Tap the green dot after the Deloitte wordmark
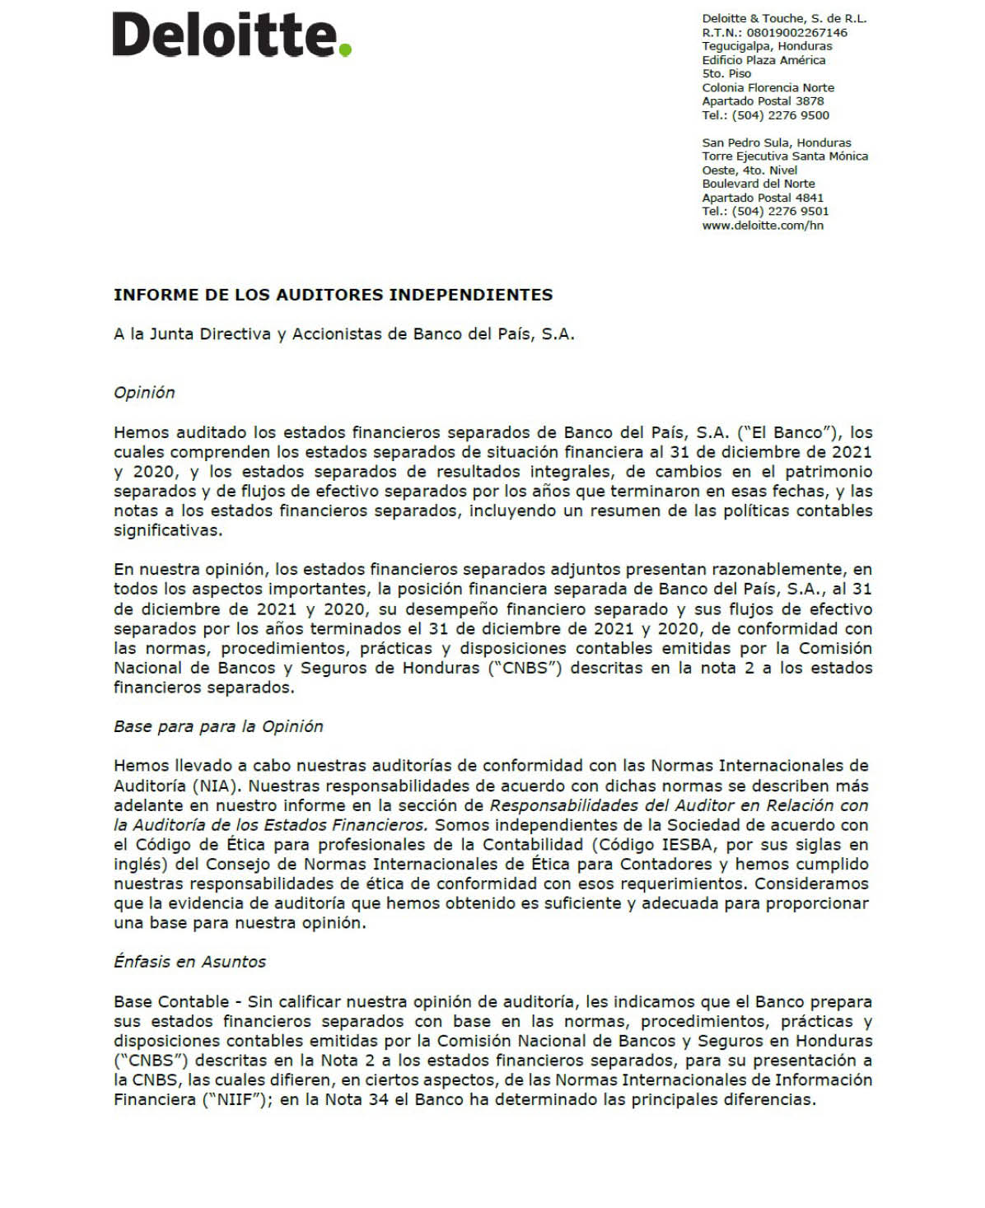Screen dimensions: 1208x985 click(346, 50)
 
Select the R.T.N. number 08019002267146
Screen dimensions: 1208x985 click(796, 33)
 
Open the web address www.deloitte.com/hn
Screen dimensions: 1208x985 click(763, 226)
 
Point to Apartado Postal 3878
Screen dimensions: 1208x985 click(763, 101)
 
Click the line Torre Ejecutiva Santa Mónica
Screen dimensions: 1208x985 click(785, 156)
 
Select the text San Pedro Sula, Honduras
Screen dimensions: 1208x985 click(776, 142)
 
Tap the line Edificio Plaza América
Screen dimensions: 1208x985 click(763, 60)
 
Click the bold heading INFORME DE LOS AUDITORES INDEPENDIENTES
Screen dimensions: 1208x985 click(333, 295)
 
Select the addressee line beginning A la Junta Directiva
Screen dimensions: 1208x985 click(343, 334)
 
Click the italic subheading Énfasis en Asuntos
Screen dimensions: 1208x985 click(189, 962)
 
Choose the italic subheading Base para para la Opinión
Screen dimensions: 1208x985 click(218, 726)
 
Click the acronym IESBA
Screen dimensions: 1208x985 click(689, 845)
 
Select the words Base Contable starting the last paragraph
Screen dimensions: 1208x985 click(171, 1002)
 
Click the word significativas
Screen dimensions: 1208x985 click(168, 530)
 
